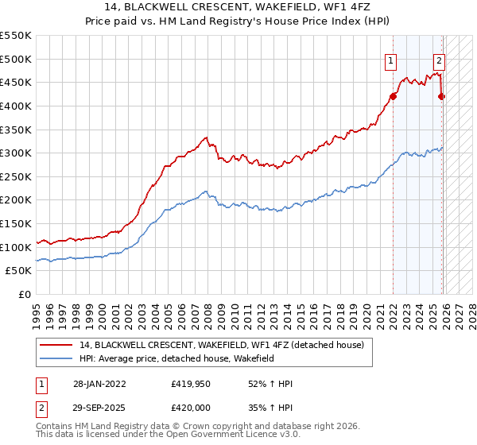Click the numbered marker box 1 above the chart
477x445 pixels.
(391, 60)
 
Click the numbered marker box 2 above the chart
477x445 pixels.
(439, 60)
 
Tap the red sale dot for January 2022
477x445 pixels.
(393, 96)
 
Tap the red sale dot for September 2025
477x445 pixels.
(442, 96)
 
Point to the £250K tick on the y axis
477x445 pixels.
(17, 176)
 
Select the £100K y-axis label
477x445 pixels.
(17, 247)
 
